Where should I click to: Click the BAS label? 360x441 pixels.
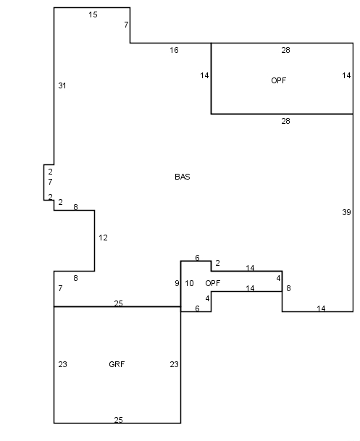coord(183,177)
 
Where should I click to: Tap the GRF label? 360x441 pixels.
coord(117,364)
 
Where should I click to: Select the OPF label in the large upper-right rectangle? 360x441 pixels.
coord(279,80)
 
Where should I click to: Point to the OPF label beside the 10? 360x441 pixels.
coord(213,283)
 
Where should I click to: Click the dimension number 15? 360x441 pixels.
coord(93,14)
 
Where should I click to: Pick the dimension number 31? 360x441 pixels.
coord(62,85)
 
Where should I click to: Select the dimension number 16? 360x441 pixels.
coord(174,50)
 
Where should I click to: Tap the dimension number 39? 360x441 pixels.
coord(346,212)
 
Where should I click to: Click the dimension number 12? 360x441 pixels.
coord(103,238)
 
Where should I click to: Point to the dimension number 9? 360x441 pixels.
coord(177,283)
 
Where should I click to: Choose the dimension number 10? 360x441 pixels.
coord(189,283)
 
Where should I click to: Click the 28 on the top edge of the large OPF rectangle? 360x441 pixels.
coord(285,50)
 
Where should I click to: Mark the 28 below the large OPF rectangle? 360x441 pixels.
coord(285,121)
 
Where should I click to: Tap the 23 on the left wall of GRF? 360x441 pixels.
coord(62,364)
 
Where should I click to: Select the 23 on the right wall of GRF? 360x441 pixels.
coord(174,364)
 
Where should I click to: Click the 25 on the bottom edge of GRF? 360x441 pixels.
coord(118,420)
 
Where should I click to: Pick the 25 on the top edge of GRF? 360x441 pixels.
coord(118,303)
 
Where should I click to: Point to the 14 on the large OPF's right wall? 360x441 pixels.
coord(346,75)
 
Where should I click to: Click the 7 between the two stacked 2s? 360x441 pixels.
coord(50,182)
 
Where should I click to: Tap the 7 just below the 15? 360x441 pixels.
coord(126,25)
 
